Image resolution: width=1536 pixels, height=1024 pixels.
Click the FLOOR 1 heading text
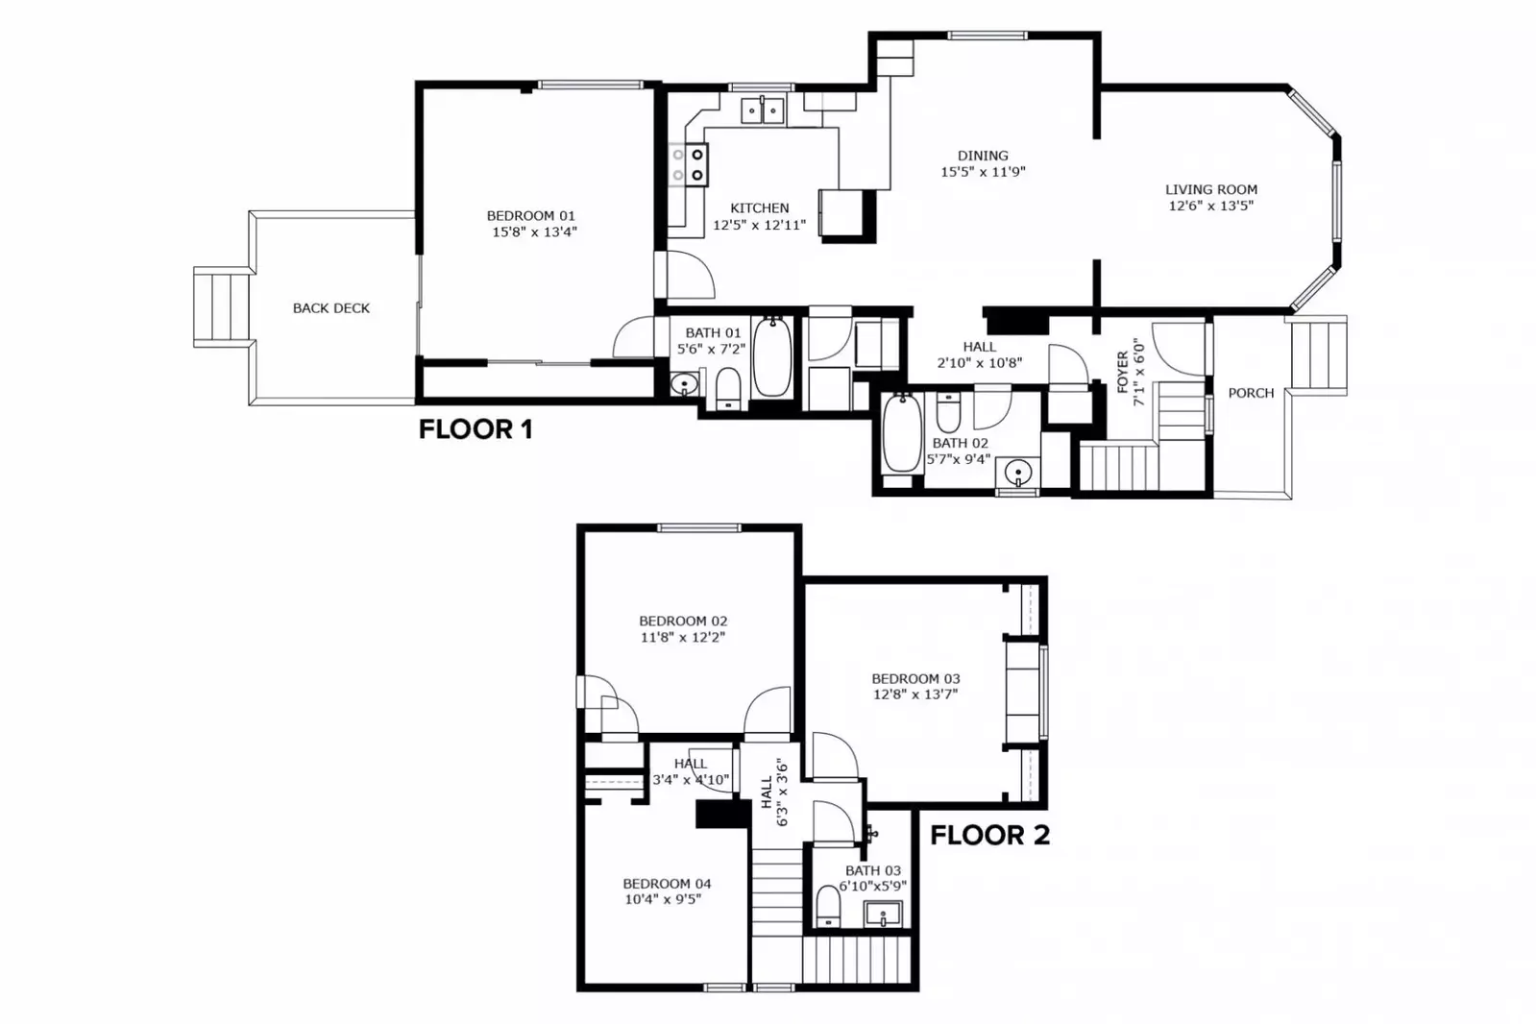[475, 429]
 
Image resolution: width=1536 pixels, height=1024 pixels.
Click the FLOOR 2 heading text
[989, 836]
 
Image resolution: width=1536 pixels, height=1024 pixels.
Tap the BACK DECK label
[330, 308]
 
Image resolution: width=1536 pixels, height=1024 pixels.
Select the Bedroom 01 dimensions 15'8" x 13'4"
[534, 232]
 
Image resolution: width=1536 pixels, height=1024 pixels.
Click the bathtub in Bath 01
[771, 358]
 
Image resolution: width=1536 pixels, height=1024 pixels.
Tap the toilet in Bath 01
[729, 389]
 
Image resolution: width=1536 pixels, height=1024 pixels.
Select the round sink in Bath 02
[1017, 473]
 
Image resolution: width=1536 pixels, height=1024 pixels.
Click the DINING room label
[983, 156]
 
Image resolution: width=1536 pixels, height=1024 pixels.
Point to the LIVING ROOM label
[1210, 190]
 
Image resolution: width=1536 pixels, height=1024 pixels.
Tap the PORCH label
[1251, 393]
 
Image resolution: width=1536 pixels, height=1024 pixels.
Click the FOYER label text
[1122, 372]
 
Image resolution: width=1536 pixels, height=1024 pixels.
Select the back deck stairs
[222, 306]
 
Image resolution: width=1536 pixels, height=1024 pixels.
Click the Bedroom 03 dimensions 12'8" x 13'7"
[914, 695]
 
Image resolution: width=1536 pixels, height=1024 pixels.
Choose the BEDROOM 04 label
[667, 884]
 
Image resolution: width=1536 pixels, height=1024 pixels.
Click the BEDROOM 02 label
[683, 622]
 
